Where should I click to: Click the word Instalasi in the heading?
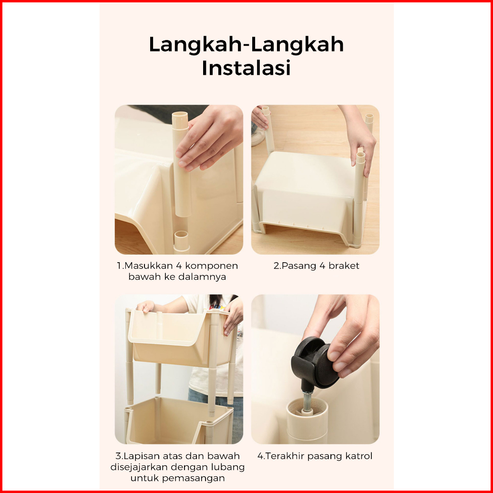[x=246, y=67]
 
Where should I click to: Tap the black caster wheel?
[x=316, y=361]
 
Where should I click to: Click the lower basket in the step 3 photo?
[x=179, y=420]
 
